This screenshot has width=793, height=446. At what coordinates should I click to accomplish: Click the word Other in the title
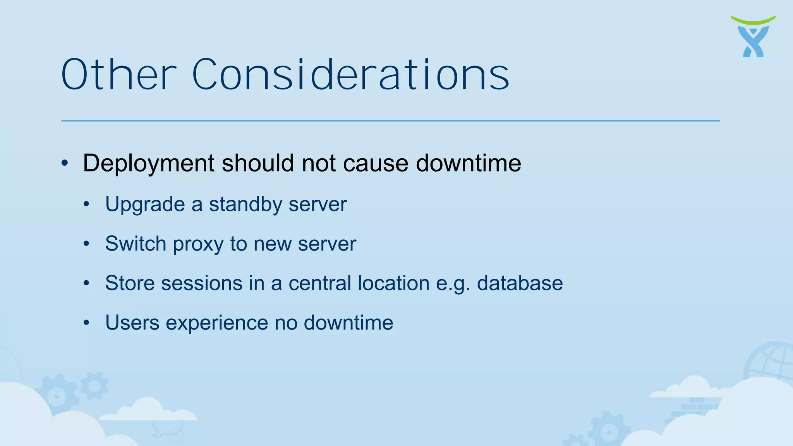(x=118, y=75)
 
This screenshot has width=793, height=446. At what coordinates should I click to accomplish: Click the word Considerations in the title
(x=350, y=75)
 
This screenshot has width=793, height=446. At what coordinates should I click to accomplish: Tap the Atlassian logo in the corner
(x=753, y=37)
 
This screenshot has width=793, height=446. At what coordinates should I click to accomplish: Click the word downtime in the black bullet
(x=468, y=163)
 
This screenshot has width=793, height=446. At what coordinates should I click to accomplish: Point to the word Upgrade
(x=145, y=205)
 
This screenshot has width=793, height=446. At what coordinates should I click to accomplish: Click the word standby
(x=245, y=204)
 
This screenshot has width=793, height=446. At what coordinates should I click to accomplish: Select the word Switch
(x=136, y=244)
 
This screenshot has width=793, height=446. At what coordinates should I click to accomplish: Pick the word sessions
(x=202, y=283)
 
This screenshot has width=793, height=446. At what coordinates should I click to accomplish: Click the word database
(x=520, y=283)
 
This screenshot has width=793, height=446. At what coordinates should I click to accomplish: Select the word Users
(x=132, y=322)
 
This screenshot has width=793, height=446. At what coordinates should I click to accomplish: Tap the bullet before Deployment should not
(x=65, y=163)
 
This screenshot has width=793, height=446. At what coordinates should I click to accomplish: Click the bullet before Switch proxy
(x=86, y=244)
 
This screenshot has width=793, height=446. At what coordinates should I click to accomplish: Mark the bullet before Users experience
(x=86, y=322)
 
